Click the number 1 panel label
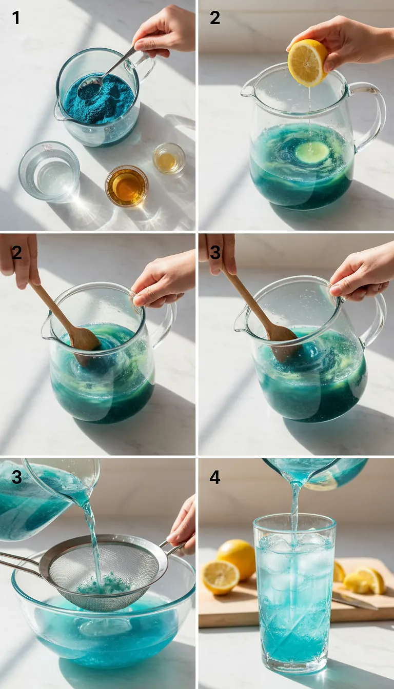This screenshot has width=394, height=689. (16, 18)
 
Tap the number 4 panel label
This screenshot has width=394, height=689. (214, 478)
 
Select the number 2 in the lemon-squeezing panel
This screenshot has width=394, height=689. (214, 18)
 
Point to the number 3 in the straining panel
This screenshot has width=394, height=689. (16, 478)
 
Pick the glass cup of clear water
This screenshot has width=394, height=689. (49, 171)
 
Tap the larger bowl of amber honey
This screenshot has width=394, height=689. (127, 186)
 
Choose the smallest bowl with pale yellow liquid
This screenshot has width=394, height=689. (169, 159)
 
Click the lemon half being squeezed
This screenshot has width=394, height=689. (307, 63)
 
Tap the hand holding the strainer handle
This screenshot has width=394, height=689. (183, 525)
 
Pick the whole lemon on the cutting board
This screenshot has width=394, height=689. (236, 559)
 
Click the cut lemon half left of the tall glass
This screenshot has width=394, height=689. (220, 577)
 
